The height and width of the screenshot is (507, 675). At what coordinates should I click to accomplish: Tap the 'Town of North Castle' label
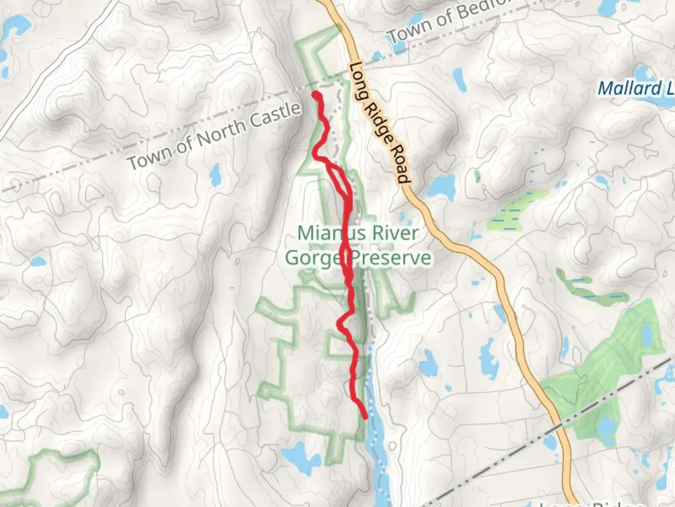tap(214, 136)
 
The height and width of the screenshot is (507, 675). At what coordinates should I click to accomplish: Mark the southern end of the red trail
tap(365, 416)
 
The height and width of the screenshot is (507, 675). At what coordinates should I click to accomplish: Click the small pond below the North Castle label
tap(216, 175)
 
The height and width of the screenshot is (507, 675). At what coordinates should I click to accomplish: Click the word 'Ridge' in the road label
tap(381, 123)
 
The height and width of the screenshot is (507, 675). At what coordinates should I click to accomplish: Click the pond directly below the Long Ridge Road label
tap(441, 186)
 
